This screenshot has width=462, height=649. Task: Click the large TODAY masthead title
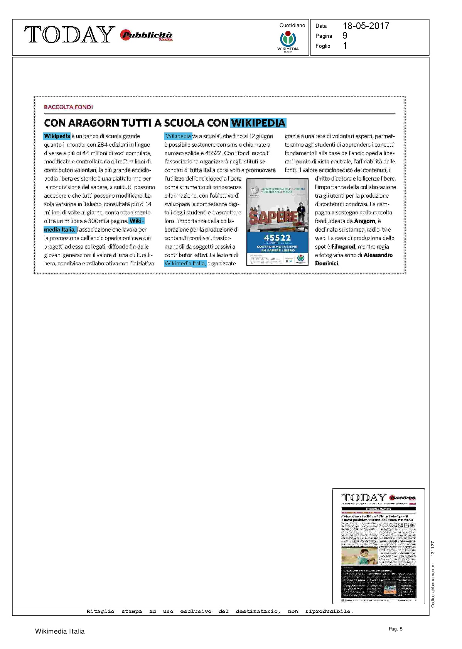point(69,35)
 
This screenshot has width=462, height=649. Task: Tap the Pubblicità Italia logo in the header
point(147,36)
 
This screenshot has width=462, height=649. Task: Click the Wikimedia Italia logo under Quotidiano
point(288,41)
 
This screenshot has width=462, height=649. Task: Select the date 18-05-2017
point(366,26)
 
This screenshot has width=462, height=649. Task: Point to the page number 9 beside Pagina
point(345,36)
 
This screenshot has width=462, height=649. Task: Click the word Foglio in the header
point(323,46)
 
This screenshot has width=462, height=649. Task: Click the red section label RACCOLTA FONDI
point(69,107)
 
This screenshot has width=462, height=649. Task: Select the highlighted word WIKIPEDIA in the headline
point(258,123)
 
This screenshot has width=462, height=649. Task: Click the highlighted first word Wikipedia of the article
point(57,136)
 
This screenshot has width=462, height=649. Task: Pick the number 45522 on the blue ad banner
point(277,237)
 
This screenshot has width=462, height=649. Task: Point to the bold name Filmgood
point(343,246)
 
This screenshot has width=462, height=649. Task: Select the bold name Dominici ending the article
point(327,263)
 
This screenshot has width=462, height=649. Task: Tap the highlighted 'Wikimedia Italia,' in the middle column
point(185,263)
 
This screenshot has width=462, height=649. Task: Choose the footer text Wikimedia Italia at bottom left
point(60,631)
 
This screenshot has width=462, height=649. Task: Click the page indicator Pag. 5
point(395,629)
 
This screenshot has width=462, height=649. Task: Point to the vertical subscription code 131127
point(433,549)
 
